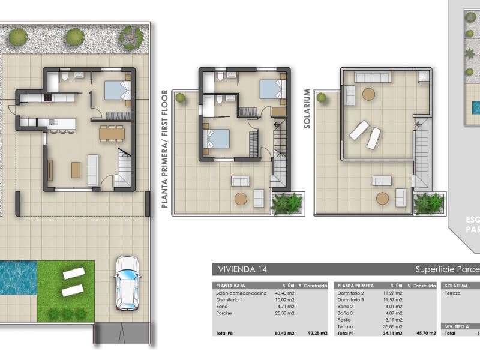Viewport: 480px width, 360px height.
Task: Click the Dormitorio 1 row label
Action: pos(229,299)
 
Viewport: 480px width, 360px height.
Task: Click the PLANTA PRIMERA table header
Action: pos(356,286)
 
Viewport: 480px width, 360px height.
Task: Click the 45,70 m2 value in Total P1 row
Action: pos(418,332)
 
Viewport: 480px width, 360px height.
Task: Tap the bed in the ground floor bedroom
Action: pos(116,90)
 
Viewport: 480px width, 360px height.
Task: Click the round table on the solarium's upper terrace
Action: pos(368,94)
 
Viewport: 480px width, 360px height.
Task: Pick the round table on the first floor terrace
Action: pos(241,198)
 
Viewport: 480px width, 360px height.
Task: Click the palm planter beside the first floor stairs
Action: pos(286,203)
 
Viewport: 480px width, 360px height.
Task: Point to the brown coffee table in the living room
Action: pos(76,170)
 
